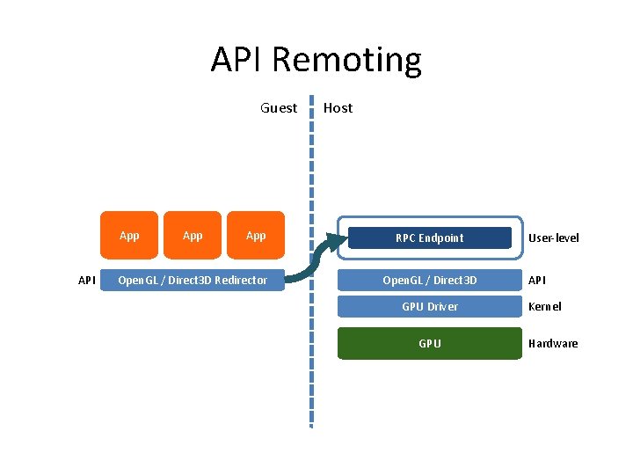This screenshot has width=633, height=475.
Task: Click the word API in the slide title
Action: point(237,60)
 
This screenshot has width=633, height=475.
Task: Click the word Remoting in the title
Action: point(346,60)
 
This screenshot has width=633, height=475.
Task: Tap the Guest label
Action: point(279,108)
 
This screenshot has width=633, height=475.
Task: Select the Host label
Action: point(338,108)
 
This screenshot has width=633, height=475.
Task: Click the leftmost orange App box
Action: point(129,236)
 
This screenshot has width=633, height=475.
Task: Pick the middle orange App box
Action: point(193,236)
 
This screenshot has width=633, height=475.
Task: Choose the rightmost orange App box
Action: point(256,236)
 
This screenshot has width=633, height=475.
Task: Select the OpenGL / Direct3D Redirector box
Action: point(193,281)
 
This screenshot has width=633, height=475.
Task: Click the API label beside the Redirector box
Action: point(87,281)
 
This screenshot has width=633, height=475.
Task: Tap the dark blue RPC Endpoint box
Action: point(429,237)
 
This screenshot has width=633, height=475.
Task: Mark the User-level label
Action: point(553,237)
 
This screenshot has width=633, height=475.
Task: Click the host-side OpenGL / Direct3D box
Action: point(429,281)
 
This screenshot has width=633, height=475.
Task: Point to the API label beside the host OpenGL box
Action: point(536,281)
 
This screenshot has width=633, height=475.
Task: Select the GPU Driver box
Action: point(429,306)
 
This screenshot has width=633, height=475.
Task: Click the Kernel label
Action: point(544,306)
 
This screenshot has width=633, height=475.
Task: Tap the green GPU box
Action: point(429,343)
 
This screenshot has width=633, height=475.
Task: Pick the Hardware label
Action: point(552,343)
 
